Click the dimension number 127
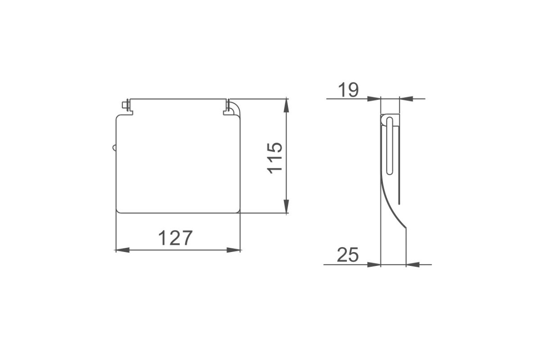175,238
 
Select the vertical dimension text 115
275,158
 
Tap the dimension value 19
348,90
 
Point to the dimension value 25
347,255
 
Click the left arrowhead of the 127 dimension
122,250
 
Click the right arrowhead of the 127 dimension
234,250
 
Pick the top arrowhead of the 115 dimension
286,106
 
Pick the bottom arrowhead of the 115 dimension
286,206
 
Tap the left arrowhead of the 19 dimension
374,99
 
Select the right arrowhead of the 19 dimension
406,99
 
